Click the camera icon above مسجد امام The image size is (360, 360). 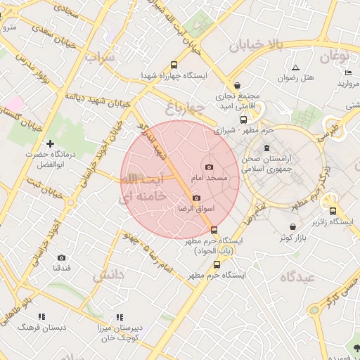(x=209, y=167)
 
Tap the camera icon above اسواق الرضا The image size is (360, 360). (x=195, y=198)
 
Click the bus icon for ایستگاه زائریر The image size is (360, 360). (x=332, y=210)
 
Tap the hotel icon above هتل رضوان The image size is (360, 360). (x=296, y=68)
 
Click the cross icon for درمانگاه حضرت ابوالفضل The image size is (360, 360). (x=50, y=143)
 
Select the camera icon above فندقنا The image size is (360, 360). (x=61, y=257)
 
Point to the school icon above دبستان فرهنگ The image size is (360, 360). (x=41, y=316)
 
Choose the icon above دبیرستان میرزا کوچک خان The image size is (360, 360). (x=120, y=316)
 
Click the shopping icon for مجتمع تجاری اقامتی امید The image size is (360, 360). (x=237, y=84)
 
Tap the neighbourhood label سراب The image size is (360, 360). (x=99, y=57)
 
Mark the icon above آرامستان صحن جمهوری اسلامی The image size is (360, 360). (x=266, y=148)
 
